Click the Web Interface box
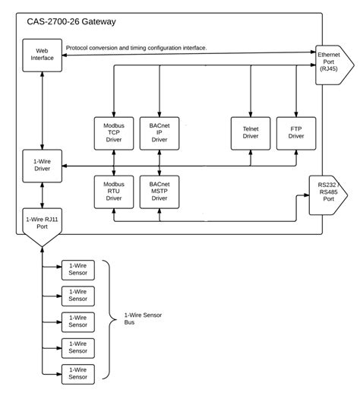pyautogui.click(x=42, y=55)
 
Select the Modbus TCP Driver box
pyautogui.click(x=114, y=133)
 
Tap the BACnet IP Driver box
pyautogui.click(x=159, y=133)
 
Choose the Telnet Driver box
pyautogui.click(x=251, y=133)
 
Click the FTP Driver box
pyautogui.click(x=296, y=133)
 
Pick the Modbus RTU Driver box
pyautogui.click(x=114, y=192)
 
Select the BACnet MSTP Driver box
pyautogui.click(x=159, y=192)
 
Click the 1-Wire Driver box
pyautogui.click(x=42, y=166)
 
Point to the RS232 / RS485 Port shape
pyautogui.click(x=328, y=195)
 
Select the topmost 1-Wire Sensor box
pyautogui.click(x=78, y=270)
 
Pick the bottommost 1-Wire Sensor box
pyautogui.click(x=78, y=374)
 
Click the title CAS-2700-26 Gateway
pyautogui.click(x=71, y=22)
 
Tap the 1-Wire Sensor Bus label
pyautogui.click(x=143, y=318)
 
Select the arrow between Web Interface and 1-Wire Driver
pyautogui.click(x=42, y=111)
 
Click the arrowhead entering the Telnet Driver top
pyautogui.click(x=251, y=114)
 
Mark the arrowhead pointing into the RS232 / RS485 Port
pyautogui.click(x=306, y=195)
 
